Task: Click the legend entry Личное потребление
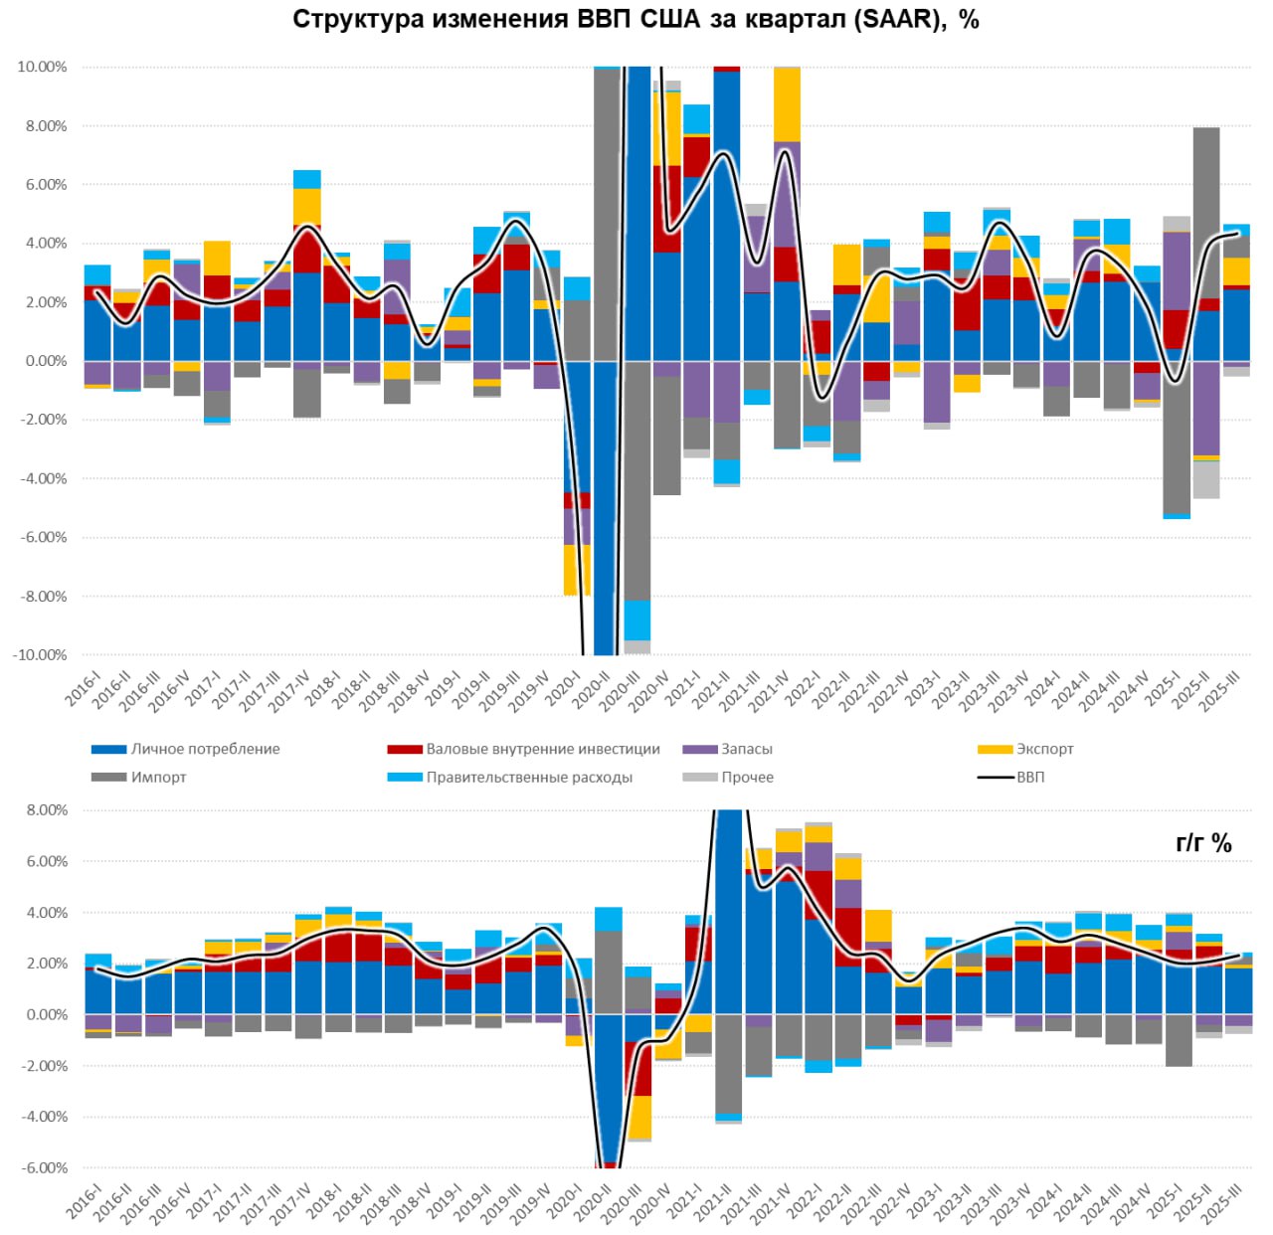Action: click(x=205, y=749)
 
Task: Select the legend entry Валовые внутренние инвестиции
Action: click(x=542, y=749)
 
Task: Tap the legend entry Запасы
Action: click(x=746, y=749)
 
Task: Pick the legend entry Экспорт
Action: click(x=1044, y=749)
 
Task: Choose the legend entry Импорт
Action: click(x=158, y=777)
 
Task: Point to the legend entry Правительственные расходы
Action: click(x=529, y=777)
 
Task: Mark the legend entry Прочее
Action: click(x=747, y=777)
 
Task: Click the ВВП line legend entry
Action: click(x=1030, y=777)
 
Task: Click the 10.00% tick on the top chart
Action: click(x=42, y=67)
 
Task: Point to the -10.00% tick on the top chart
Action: click(x=40, y=655)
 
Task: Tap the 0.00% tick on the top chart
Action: click(x=45, y=361)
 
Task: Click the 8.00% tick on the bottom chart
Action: click(x=47, y=810)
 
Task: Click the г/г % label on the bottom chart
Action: click(x=1203, y=843)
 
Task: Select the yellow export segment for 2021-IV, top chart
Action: click(x=787, y=104)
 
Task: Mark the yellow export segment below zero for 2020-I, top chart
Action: click(x=577, y=570)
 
